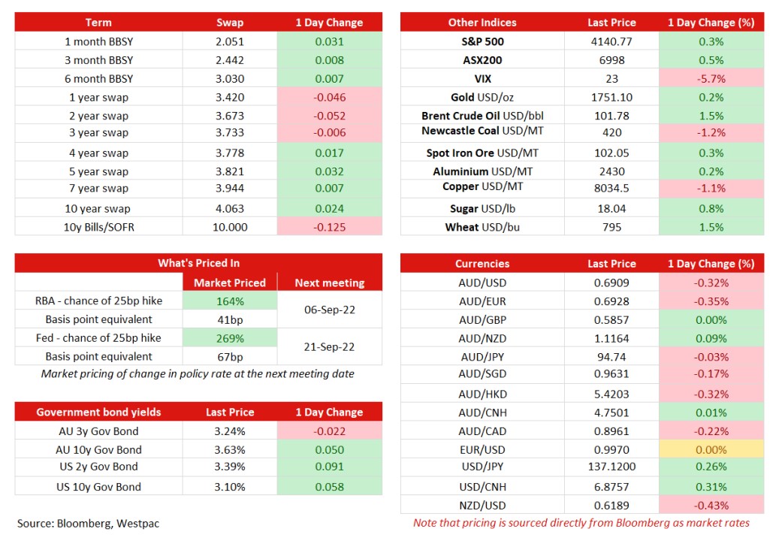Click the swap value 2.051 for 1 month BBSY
(x=230, y=42)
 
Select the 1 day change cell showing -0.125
(x=329, y=227)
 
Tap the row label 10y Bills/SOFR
(x=99, y=227)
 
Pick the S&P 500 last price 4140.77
(x=611, y=42)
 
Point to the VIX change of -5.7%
(x=711, y=78)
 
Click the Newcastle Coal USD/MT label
(x=482, y=131)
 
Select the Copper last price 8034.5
(x=611, y=189)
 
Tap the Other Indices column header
(x=482, y=23)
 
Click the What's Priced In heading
(x=199, y=263)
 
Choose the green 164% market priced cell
(x=230, y=301)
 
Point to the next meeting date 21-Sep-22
(x=329, y=347)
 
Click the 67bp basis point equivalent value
(x=230, y=357)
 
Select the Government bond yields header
(x=98, y=412)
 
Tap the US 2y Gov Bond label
(x=99, y=467)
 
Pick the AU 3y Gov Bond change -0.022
(x=329, y=431)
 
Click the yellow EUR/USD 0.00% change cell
(x=711, y=449)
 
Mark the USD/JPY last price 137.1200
(x=611, y=467)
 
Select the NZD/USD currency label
(x=482, y=506)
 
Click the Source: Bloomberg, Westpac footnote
(x=88, y=524)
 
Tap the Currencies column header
(x=482, y=264)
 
